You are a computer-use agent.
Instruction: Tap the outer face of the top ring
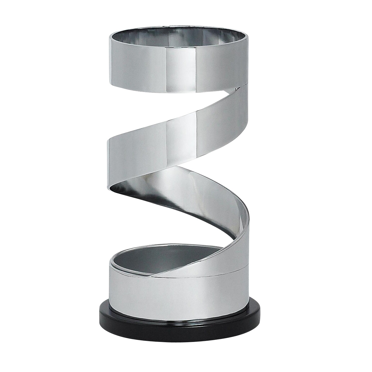(140, 65)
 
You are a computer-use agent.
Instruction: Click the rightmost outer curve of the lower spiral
(250, 221)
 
